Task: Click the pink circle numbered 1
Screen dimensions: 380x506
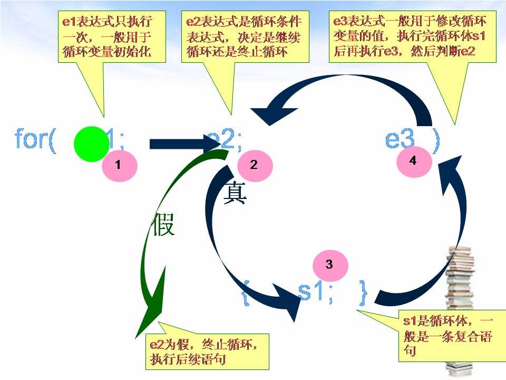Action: pyautogui.click(x=120, y=165)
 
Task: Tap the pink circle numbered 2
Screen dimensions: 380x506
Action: pyautogui.click(x=254, y=165)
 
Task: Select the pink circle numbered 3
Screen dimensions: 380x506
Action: pyautogui.click(x=330, y=265)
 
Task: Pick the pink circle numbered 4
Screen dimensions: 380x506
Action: pyautogui.click(x=413, y=161)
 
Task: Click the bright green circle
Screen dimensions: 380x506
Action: pyautogui.click(x=91, y=144)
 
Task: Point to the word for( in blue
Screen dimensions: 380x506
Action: pyautogui.click(x=35, y=140)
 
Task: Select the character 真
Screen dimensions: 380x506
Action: pyautogui.click(x=236, y=193)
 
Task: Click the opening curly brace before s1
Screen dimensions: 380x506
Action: pyautogui.click(x=245, y=293)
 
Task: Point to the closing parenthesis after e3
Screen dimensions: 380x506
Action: pyautogui.click(x=435, y=140)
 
